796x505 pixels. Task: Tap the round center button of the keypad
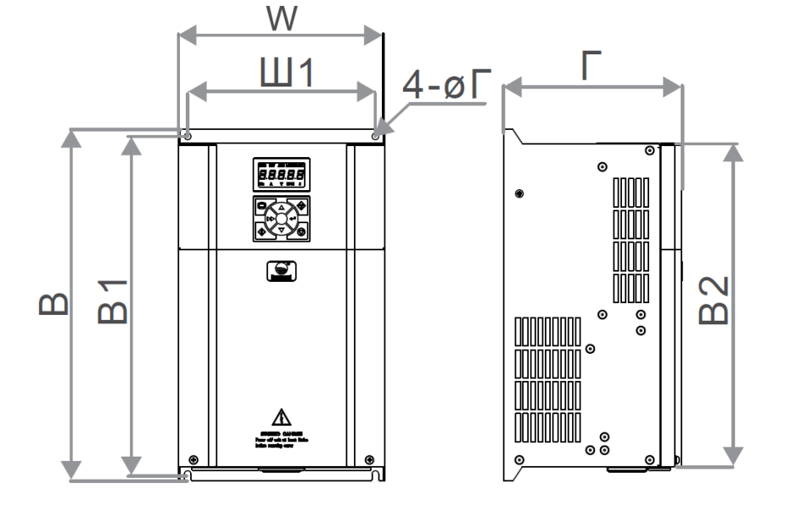(x=281, y=219)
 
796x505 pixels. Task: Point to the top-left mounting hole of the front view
(x=188, y=136)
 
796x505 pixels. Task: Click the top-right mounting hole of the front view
(x=375, y=136)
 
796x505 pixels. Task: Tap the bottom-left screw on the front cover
(x=193, y=459)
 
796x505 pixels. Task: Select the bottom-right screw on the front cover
(x=369, y=459)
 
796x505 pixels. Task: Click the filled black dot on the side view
(x=519, y=194)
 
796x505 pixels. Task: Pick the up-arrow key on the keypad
(x=281, y=206)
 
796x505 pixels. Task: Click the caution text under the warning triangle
(x=281, y=439)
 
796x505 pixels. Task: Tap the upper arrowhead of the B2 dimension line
(x=735, y=151)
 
